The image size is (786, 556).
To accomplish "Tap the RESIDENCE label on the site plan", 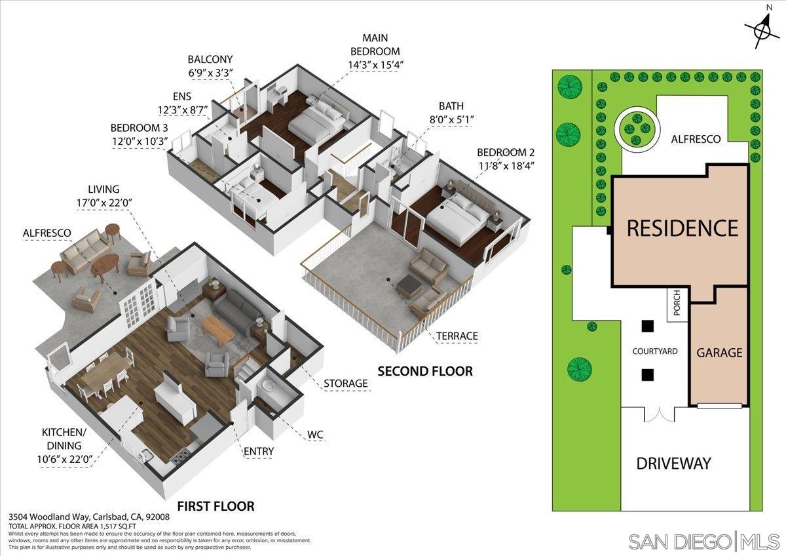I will pos(683,228).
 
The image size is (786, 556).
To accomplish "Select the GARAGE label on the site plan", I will pos(719,353).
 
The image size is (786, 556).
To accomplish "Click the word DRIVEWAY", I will pos(673,464).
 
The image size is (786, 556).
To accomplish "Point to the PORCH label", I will pos(677,302).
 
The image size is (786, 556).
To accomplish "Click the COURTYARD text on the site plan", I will pos(654,351).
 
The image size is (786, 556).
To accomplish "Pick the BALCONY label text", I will pos(210,59).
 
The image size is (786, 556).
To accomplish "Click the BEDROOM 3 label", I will pos(140,127).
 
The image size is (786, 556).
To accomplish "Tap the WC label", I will pos(314,435).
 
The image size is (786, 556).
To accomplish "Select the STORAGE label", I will pos(345,383).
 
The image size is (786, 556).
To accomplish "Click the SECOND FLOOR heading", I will pos(424,371).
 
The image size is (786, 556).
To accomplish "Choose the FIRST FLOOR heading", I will pos(215,506).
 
